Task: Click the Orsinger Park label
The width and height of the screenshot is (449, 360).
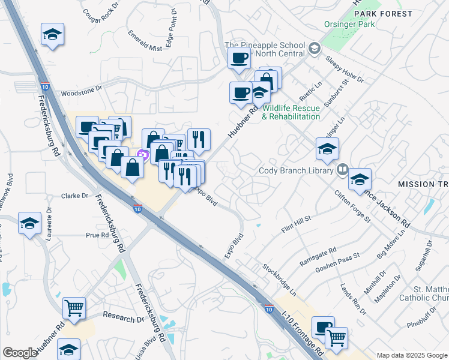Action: pos(349,25)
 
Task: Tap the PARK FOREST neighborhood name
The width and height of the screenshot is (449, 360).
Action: pos(383,13)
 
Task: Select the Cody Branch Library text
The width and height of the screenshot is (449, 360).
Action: pos(295,170)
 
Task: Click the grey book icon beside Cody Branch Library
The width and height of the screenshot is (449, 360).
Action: pos(342,170)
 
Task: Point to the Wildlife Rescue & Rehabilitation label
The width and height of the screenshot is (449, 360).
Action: pos(291,112)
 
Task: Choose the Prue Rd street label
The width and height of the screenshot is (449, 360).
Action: pos(97,235)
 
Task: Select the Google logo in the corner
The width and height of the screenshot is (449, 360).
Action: pos(20,353)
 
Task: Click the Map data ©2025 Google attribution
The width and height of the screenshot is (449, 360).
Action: pos(411,355)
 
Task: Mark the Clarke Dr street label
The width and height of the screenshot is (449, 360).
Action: pos(75,196)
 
